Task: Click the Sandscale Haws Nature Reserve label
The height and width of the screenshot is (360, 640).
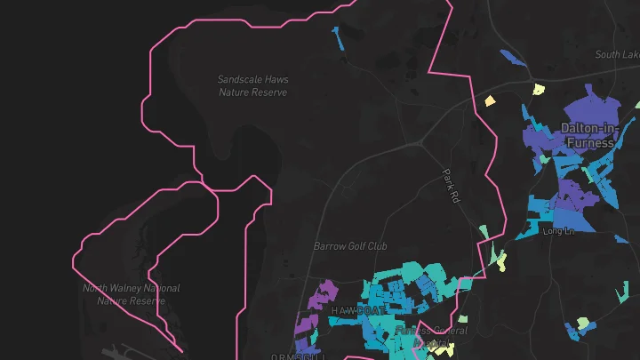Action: tap(253, 85)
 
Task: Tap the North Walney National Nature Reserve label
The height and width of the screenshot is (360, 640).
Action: tap(131, 294)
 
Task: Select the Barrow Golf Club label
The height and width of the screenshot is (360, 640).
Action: tap(350, 245)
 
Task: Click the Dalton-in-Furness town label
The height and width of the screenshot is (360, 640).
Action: tap(588, 135)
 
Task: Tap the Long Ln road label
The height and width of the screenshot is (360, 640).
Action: tap(559, 231)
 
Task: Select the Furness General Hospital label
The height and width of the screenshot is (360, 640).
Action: tap(431, 336)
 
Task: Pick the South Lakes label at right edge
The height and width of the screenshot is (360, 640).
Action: tap(617, 55)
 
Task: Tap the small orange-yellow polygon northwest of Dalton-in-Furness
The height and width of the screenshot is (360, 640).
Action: tap(489, 100)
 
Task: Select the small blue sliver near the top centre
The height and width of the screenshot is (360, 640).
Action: tap(339, 38)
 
